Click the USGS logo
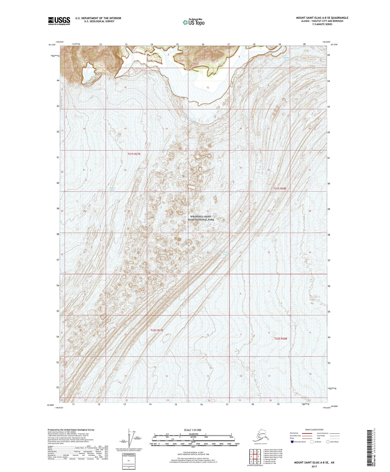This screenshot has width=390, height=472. tap(59, 21)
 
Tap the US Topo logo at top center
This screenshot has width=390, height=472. tap(193, 22)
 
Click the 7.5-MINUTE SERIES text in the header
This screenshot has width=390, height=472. tap(322, 24)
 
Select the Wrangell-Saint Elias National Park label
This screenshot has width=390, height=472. tap(202, 218)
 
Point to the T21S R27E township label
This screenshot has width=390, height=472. tap(134, 154)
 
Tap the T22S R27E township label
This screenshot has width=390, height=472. tap(157, 330)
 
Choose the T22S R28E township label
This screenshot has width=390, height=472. tap(281, 338)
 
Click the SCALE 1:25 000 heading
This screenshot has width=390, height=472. tap(192, 430)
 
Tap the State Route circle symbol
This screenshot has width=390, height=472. tap(328, 442)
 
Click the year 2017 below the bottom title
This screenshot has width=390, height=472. tap(314, 466)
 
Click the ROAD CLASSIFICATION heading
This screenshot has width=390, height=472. tap(314, 430)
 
